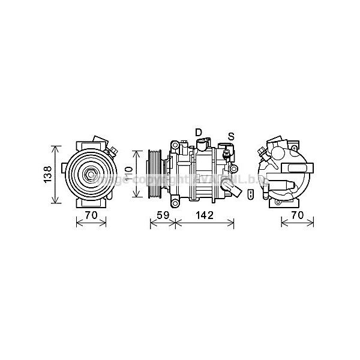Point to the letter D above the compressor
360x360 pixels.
(x=198, y=131)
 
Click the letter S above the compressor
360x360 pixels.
(x=230, y=136)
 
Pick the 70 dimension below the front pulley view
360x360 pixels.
(x=91, y=215)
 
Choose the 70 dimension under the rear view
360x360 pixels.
(x=297, y=215)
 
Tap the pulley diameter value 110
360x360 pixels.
(x=128, y=174)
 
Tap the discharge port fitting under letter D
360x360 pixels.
(x=201, y=144)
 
